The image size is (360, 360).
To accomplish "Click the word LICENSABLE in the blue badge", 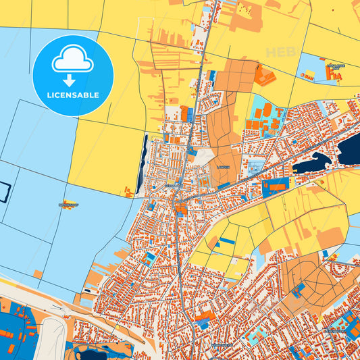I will (x=73, y=95).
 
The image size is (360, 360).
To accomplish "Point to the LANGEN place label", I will (x=224, y=166).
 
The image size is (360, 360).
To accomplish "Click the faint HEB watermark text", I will (x=280, y=52).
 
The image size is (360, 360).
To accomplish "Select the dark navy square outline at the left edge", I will (x=4, y=192).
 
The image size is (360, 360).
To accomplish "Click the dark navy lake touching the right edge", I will (x=350, y=148).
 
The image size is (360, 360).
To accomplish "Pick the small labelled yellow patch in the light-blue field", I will (x=69, y=204).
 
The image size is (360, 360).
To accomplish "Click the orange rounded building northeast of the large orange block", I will (x=265, y=78).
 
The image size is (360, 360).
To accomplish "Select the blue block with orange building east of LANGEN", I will (x=274, y=186).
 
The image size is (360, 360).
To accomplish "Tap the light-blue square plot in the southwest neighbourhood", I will (x=149, y=259).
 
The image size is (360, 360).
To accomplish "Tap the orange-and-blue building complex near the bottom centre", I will (x=205, y=315).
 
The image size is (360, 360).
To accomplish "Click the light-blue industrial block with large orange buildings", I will (x=265, y=115).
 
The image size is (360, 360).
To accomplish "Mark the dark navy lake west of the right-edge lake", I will (x=311, y=162).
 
